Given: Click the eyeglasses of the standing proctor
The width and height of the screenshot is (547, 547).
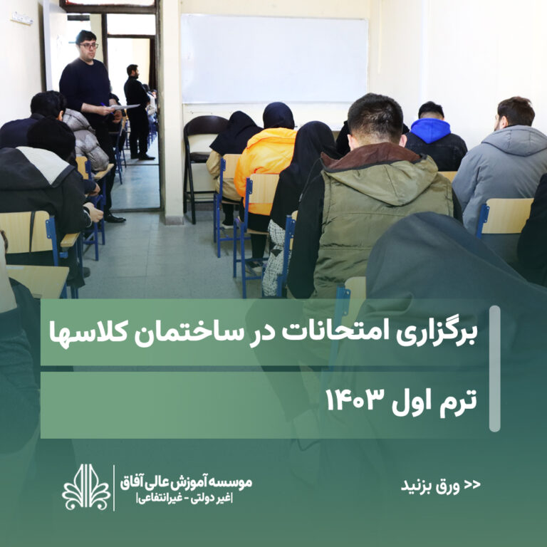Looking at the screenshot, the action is pos(88,46).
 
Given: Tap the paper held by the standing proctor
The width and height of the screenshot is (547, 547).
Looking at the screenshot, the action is pos(125,107).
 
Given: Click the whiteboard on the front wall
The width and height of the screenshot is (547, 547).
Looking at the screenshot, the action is pos(274,58).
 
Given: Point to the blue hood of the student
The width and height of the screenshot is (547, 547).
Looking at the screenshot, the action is pos(430,130).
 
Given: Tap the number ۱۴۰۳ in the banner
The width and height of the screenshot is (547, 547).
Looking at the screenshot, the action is pos(355,400).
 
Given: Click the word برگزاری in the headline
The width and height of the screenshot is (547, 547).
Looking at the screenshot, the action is pos(437,333).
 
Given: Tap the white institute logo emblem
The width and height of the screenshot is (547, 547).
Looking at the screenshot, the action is pos(86,486).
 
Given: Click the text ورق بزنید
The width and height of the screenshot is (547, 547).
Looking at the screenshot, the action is pos(430,485).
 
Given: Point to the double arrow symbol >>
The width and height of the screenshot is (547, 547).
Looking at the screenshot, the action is pos(472,484).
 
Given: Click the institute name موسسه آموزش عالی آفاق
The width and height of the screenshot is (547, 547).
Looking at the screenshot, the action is pos(186,482).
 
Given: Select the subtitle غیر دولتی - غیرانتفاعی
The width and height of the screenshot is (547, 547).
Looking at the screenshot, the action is pos(185,499).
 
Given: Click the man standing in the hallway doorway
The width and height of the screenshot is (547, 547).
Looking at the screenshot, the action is pos(137,112).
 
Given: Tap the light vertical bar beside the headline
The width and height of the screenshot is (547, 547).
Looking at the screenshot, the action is pos(495,368).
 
